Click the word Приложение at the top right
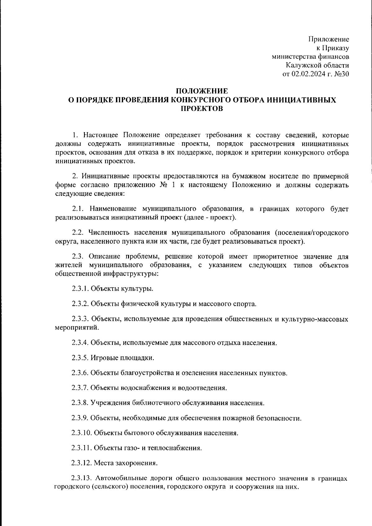coord(329,39)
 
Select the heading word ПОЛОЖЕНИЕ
coord(202,91)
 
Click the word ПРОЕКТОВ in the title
coord(202,108)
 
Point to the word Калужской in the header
coord(300,65)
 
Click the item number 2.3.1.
coord(80,289)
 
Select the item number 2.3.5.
coord(80,358)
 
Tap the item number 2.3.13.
coord(82,479)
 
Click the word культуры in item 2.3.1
coord(139,289)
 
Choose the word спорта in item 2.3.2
coord(246,304)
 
